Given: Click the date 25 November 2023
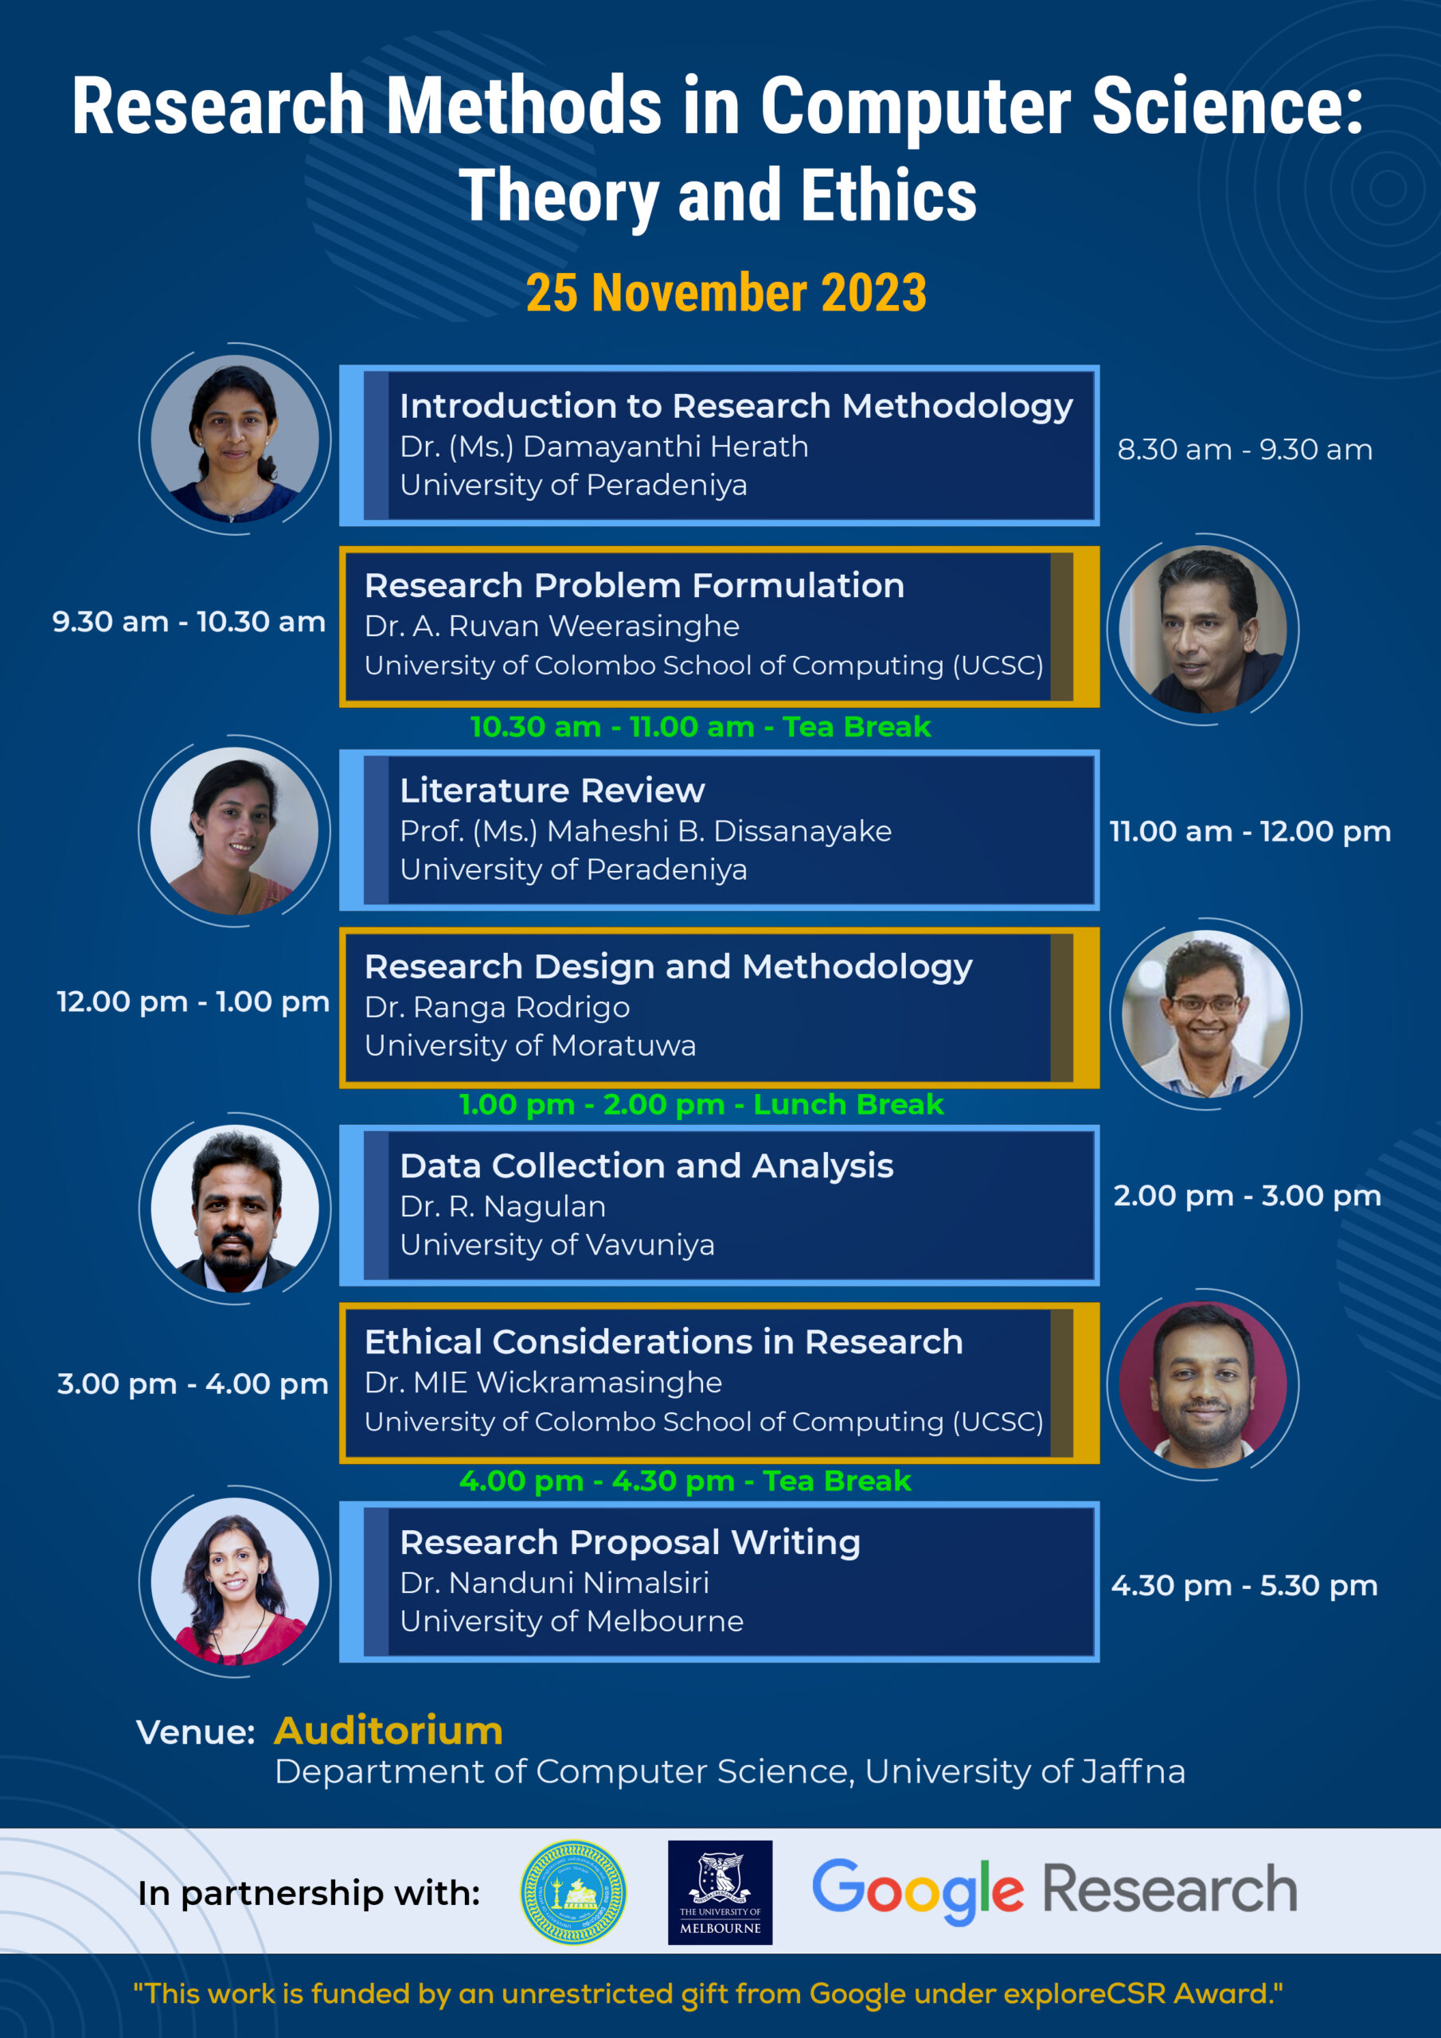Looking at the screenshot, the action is (725, 293).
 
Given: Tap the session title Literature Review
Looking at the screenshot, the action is (552, 790).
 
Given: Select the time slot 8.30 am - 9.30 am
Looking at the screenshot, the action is (1245, 449).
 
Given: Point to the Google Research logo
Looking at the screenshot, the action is (1054, 1891).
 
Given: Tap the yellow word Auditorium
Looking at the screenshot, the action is (388, 1731).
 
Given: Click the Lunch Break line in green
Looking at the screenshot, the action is (701, 1104).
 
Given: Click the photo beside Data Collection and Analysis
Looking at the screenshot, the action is (234, 1208).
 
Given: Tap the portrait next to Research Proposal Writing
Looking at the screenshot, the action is (234, 1581).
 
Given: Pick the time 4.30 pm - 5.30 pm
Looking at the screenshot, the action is (1244, 1585).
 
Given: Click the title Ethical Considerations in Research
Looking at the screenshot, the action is (663, 1341).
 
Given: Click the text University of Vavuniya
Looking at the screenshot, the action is (556, 1244).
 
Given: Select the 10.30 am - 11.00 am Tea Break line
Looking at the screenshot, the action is (700, 727).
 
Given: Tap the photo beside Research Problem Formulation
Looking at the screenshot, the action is (1202, 630).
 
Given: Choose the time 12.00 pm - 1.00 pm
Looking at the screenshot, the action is (193, 1001).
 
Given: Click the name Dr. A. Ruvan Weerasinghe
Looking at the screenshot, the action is (552, 626).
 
